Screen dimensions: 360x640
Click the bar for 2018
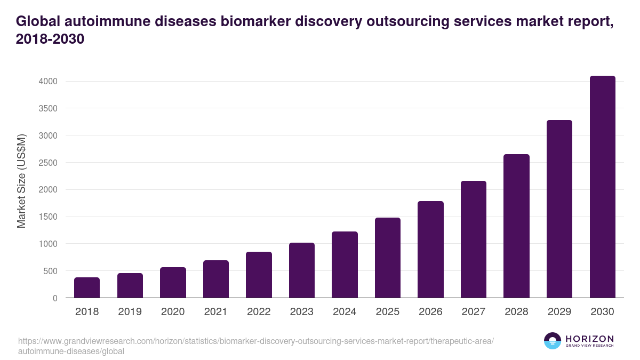point(87,287)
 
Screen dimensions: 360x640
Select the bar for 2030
point(603,187)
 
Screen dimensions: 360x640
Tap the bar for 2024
point(345,265)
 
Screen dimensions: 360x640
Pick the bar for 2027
point(474,239)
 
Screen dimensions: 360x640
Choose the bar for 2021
point(216,279)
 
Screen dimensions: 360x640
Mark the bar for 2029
point(559,209)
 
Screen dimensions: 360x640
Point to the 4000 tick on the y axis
point(47,82)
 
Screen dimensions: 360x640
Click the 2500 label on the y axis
point(47,163)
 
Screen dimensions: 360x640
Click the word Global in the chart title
point(38,21)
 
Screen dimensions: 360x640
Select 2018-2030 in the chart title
point(50,39)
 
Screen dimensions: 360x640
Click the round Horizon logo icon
point(553,341)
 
